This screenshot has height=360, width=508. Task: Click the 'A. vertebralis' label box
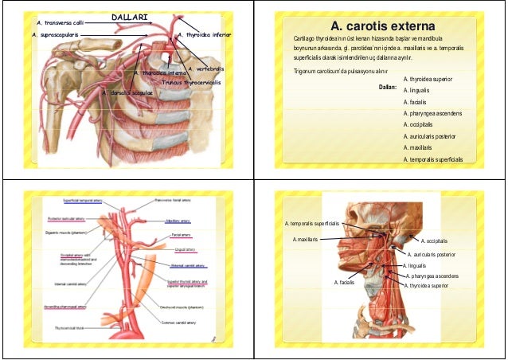(x=205, y=69)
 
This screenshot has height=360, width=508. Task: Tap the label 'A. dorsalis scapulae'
(x=128, y=93)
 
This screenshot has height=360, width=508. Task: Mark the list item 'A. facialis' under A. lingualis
(x=417, y=103)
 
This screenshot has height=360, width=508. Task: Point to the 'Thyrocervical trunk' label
(x=70, y=327)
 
